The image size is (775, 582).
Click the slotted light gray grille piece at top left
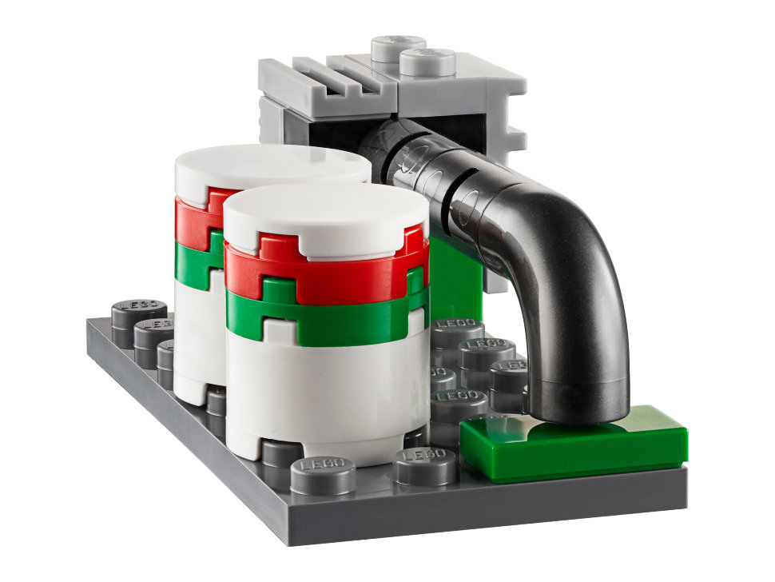pyautogui.click(x=320, y=80)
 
